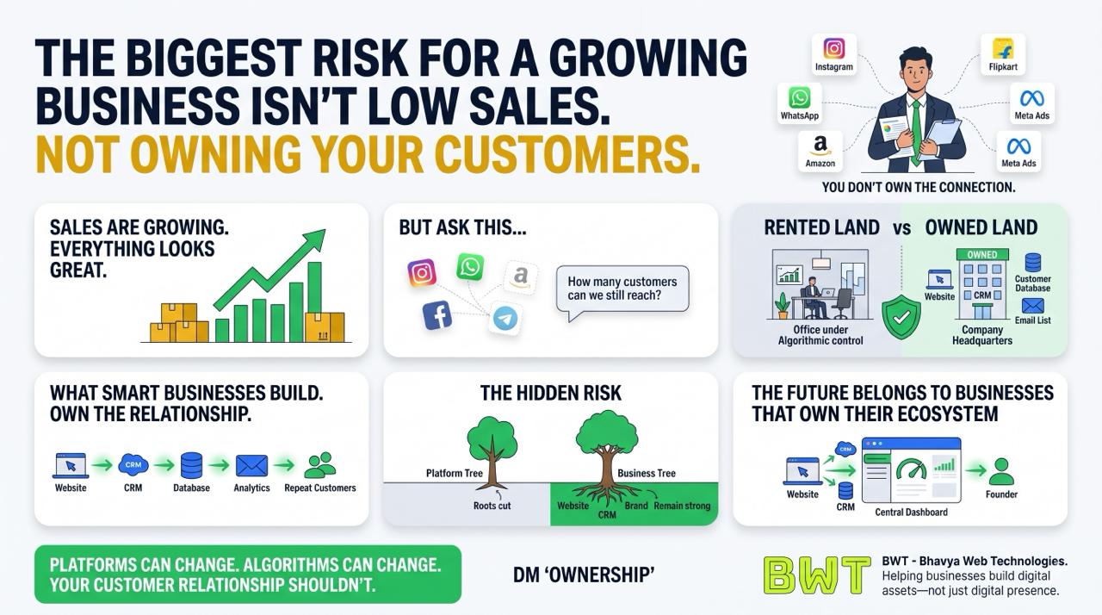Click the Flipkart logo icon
click(1003, 48)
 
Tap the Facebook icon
click(436, 315)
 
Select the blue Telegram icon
click(505, 319)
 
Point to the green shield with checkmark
click(901, 317)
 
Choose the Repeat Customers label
click(319, 488)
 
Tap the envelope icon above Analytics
click(252, 465)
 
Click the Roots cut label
click(492, 506)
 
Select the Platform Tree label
click(454, 473)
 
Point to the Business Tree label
click(647, 473)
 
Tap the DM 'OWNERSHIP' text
click(584, 575)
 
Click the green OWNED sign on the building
click(982, 254)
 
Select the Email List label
click(1032, 320)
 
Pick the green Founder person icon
click(1001, 471)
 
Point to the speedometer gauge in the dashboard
click(911, 469)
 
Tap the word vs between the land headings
click(901, 228)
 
